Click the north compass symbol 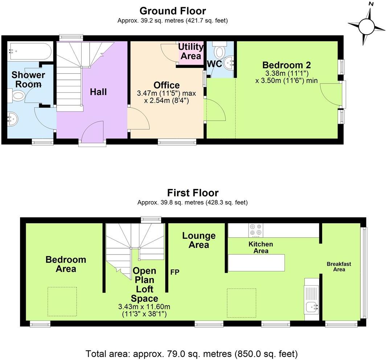point(366,26)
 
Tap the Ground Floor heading point(172,11)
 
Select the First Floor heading point(193,192)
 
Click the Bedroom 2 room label point(287,65)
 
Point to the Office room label point(167,85)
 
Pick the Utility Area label point(191,52)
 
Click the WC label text point(214,64)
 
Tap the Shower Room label point(28,79)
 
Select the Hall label point(98,92)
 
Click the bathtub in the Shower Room point(30,51)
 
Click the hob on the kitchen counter point(255,230)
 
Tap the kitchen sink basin point(312,307)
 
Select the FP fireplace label point(175,272)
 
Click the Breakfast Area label point(339,267)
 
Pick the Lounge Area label point(198,240)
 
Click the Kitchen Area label point(261,247)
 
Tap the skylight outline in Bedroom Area point(62,301)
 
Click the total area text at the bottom point(192,353)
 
